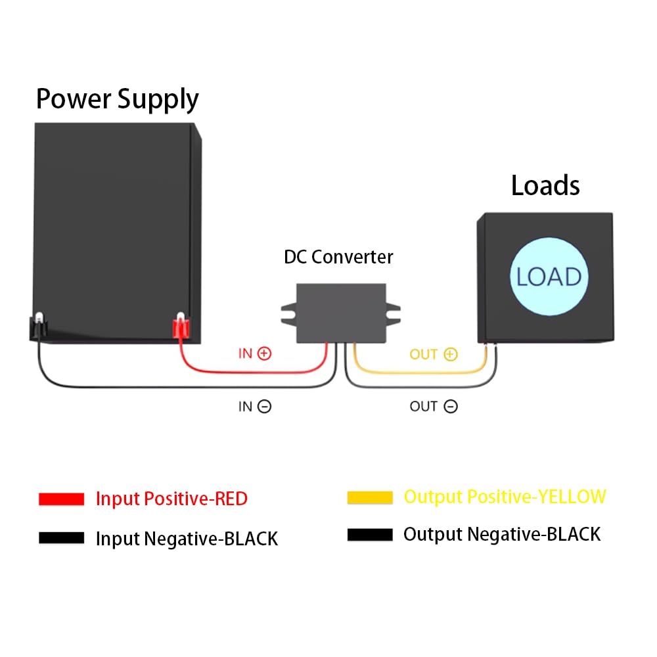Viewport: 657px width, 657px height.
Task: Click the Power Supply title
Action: click(117, 99)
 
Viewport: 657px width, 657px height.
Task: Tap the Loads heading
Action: click(545, 186)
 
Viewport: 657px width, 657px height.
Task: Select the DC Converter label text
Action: click(338, 257)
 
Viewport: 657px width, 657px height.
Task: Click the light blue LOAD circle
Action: click(549, 277)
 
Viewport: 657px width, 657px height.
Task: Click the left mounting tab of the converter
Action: click(289, 314)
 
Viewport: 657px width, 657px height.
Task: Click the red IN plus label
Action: click(254, 353)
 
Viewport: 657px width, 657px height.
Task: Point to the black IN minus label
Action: click(254, 407)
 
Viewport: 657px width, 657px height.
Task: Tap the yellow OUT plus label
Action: click(433, 355)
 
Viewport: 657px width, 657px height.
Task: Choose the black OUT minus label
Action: click(433, 407)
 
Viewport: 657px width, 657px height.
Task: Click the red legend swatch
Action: click(61, 499)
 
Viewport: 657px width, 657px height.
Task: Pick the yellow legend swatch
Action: click(370, 497)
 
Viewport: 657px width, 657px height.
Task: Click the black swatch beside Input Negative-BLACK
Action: click(61, 538)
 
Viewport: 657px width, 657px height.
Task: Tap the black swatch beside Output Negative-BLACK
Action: click(370, 535)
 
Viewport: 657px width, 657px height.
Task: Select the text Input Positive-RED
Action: click(171, 499)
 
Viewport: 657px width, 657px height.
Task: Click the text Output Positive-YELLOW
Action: click(505, 497)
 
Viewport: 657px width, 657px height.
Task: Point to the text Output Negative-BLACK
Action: click(502, 534)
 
